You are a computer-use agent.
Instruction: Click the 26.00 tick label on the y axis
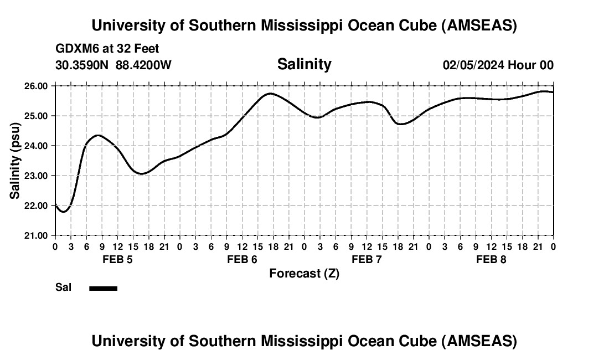tap(35, 86)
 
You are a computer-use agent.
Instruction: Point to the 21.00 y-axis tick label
tap(35, 235)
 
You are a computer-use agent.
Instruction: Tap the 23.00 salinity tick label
tap(35, 176)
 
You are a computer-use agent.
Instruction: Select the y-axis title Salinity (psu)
tap(15, 161)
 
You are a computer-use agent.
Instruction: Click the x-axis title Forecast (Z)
tap(304, 273)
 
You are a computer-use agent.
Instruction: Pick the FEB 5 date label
tap(117, 259)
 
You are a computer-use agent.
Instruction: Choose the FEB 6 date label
tap(242, 259)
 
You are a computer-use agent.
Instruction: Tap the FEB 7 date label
tap(367, 259)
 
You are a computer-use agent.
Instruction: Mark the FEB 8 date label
tap(491, 259)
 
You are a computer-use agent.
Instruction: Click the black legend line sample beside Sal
tap(104, 288)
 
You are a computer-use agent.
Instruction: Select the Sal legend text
tap(63, 287)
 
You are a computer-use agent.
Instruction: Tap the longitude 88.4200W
tap(143, 65)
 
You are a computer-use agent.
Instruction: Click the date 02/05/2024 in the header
tap(473, 65)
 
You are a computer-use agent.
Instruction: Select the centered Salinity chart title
tap(304, 64)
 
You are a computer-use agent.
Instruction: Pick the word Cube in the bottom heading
tap(413, 341)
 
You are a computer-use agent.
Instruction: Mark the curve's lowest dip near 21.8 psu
tap(64, 212)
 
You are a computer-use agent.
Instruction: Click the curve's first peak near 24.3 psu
tap(98, 135)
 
